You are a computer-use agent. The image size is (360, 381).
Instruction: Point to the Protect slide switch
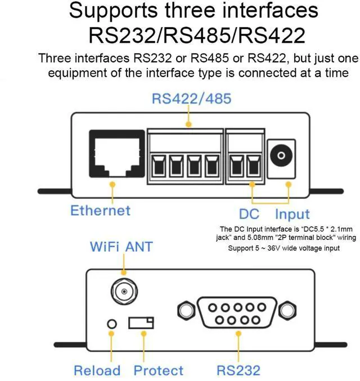click(x=141, y=323)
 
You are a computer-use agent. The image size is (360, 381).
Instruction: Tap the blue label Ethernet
click(x=100, y=211)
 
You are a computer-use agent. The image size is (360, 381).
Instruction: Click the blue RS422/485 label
click(x=192, y=99)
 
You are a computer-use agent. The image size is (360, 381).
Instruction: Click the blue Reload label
click(x=97, y=370)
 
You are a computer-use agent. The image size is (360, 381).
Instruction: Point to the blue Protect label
click(x=159, y=370)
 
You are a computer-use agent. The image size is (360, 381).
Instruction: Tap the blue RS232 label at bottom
click(x=238, y=370)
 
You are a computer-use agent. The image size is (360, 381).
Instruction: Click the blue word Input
click(x=292, y=214)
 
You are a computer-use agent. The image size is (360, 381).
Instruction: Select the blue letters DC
click(x=249, y=214)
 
